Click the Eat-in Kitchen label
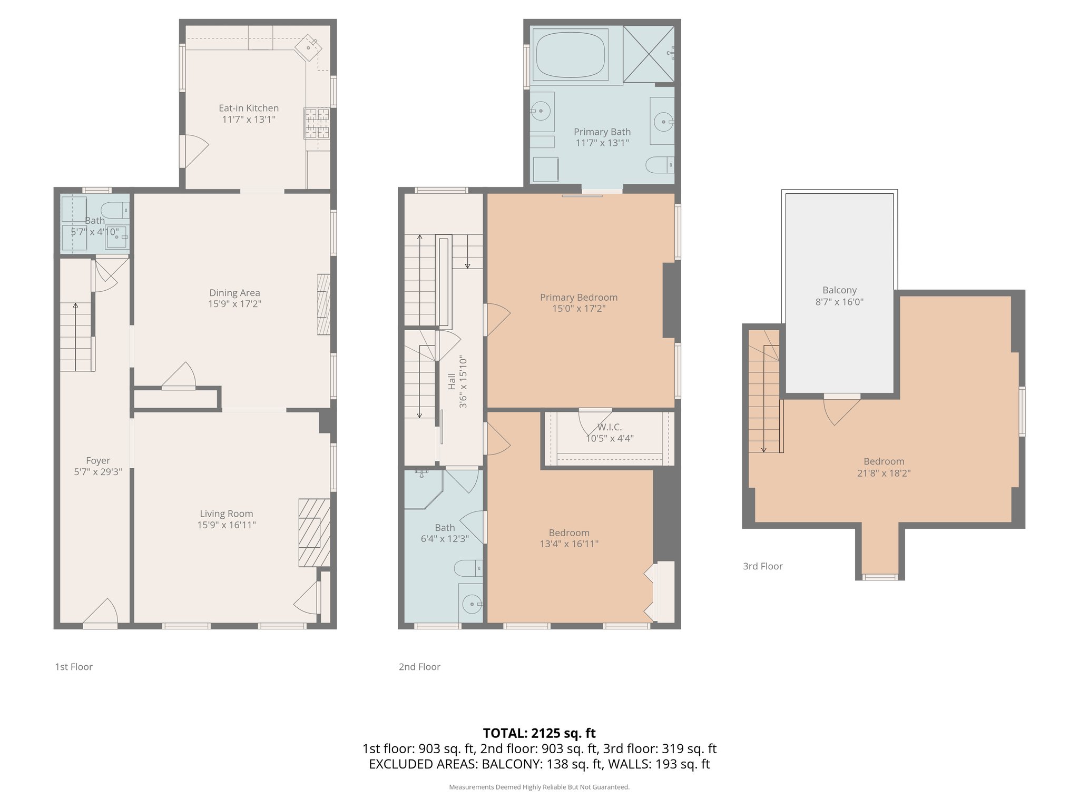[x=249, y=108]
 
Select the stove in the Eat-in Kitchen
[x=317, y=123]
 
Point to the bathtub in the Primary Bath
[x=570, y=55]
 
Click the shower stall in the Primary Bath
[x=648, y=54]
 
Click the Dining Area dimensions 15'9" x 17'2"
[x=234, y=304]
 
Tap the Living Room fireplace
[x=314, y=532]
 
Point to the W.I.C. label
[x=610, y=427]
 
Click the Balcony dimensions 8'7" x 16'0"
[x=839, y=302]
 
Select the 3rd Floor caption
[x=762, y=566]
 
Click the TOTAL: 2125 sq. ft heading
[x=539, y=733]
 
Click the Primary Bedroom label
[x=578, y=297]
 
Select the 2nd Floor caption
[x=419, y=667]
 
